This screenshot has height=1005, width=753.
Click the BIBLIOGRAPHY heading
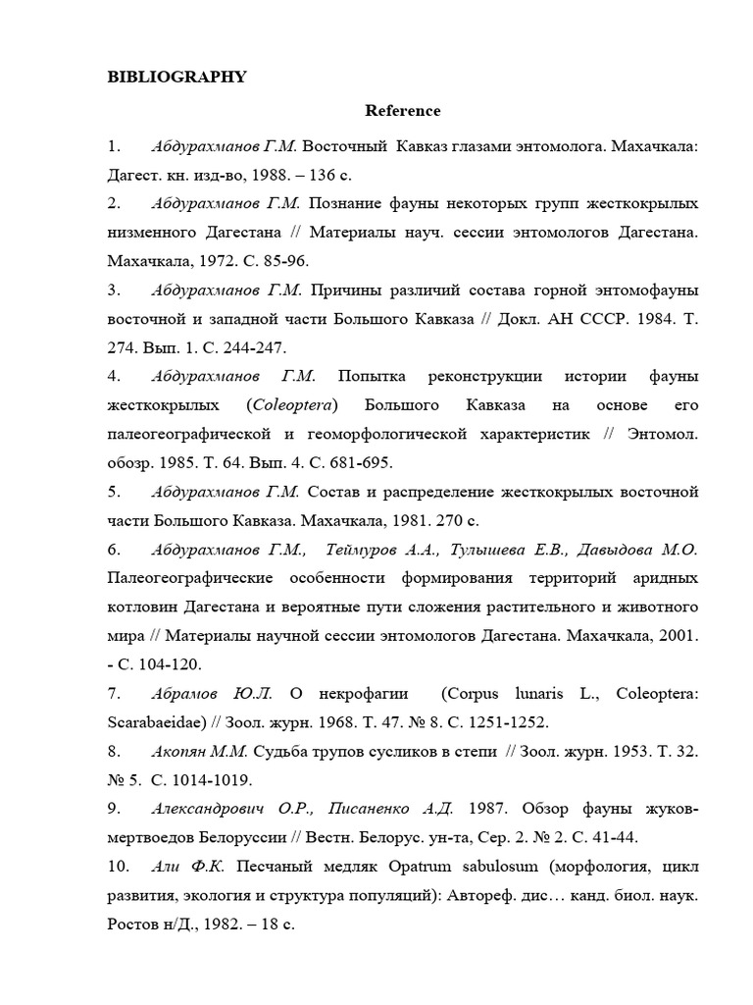click(x=176, y=78)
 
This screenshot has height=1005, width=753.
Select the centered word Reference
click(x=403, y=111)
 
